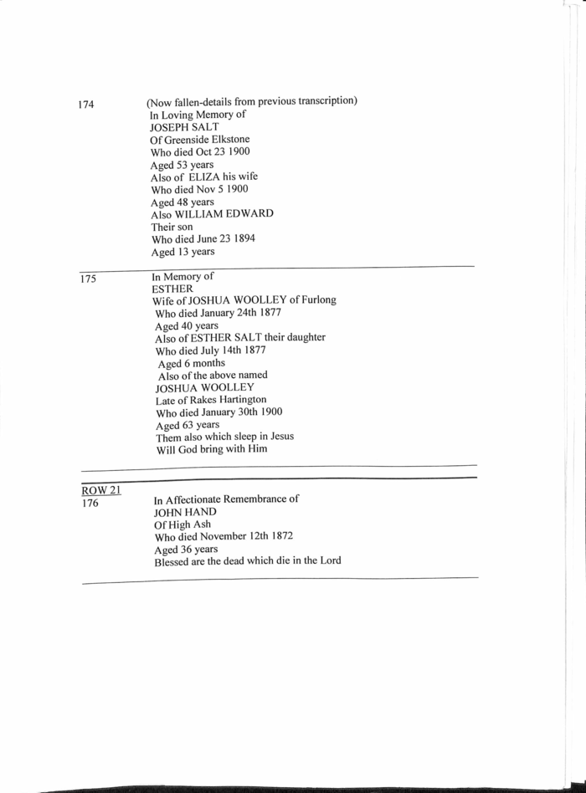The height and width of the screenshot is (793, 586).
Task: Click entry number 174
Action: pos(86,105)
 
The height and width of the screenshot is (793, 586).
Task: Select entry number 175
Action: pos(89,279)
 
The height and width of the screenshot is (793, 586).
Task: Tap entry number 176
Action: pos(90,504)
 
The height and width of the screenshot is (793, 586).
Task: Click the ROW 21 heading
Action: pos(101,490)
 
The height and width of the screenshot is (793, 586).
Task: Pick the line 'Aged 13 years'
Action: pos(182,252)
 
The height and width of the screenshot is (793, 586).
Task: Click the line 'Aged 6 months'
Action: pos(192,364)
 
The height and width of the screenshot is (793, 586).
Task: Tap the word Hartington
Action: pos(238,400)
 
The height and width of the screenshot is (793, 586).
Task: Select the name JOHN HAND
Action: pos(185,511)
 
